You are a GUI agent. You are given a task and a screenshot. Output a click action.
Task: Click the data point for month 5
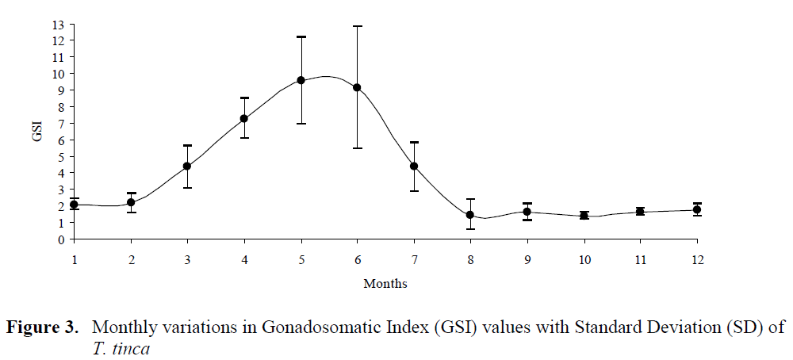[301, 80]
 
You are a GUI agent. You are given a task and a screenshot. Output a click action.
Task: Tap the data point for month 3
[187, 166]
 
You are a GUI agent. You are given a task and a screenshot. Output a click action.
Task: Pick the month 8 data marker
[470, 215]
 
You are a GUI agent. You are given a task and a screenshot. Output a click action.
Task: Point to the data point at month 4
[244, 119]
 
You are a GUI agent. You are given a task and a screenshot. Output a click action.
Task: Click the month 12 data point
[697, 209]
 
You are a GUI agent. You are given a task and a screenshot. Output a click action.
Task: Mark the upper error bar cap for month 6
[357, 26]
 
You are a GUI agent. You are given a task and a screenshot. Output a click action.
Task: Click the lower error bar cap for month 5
[301, 123]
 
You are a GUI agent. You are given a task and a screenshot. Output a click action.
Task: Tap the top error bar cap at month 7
[414, 142]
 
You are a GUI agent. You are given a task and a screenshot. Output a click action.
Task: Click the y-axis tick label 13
[58, 24]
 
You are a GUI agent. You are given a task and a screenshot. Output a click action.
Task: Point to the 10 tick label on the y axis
[58, 74]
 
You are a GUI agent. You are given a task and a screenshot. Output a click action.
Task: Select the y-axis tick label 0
[61, 239]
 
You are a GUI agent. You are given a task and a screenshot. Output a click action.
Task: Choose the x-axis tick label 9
[527, 259]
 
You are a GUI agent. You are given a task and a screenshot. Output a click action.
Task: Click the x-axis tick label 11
[640, 259]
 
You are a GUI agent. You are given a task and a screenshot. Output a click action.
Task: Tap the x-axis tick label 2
[132, 259]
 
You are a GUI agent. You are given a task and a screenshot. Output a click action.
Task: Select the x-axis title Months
[385, 283]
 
